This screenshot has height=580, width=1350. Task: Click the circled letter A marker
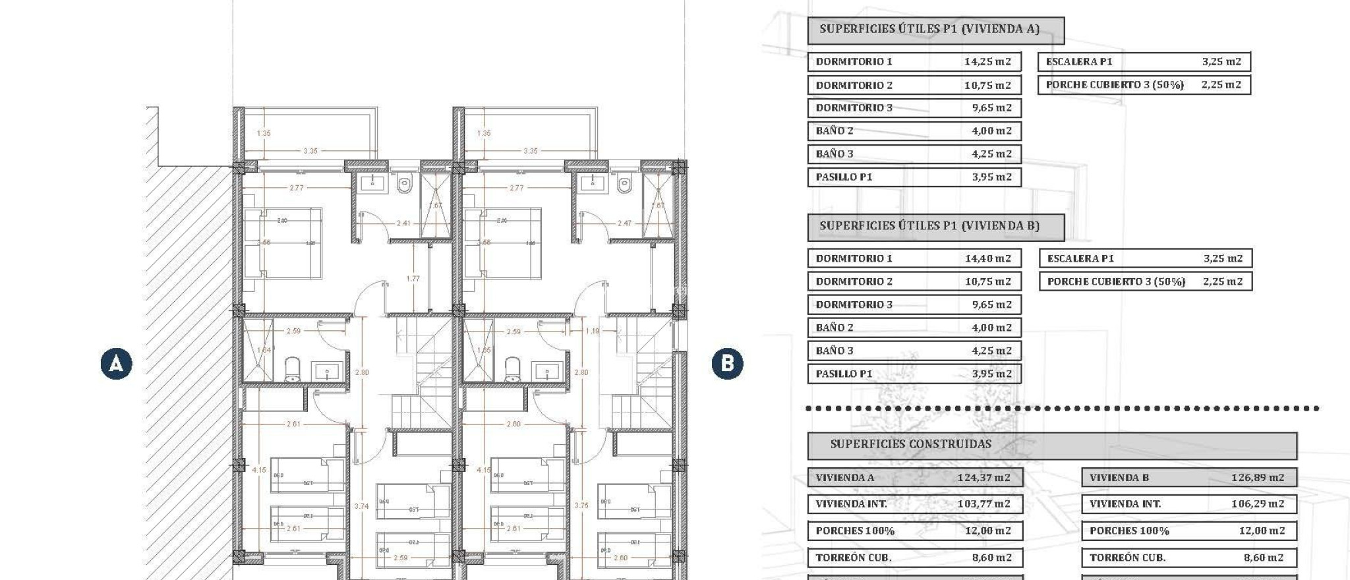click(116, 364)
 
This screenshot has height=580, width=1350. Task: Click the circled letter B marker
click(727, 364)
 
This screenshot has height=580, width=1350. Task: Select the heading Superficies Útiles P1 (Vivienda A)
click(929, 29)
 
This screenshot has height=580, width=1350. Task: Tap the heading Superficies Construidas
click(910, 444)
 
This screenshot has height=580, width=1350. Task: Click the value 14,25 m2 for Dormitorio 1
click(987, 62)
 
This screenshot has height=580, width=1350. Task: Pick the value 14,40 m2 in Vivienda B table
click(987, 258)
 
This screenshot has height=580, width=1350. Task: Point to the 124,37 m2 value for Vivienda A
click(983, 478)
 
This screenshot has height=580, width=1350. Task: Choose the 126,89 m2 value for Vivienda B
click(1257, 478)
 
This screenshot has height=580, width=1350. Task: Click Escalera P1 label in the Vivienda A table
click(1078, 62)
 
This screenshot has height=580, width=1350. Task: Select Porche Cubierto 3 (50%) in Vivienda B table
click(1116, 282)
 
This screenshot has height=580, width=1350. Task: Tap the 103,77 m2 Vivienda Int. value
click(983, 504)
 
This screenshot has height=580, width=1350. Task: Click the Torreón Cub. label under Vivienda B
click(1127, 558)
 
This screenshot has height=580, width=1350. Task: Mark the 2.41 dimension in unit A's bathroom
click(403, 223)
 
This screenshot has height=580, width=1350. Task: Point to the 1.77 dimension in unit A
click(413, 279)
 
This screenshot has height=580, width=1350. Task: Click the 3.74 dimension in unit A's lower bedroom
click(361, 506)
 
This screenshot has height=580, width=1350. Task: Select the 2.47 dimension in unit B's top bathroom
click(624, 223)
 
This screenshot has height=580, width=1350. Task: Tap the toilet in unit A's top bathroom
click(405, 185)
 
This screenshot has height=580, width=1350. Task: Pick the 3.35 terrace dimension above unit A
click(310, 151)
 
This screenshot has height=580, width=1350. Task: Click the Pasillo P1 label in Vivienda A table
click(844, 177)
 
